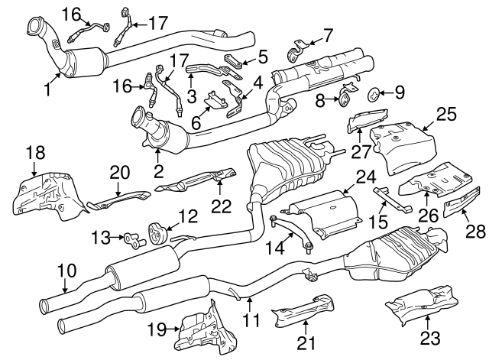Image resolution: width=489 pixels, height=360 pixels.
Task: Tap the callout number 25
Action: pos(445,115)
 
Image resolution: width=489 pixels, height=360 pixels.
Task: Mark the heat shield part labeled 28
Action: pos(459,206)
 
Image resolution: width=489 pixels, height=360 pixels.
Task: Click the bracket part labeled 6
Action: pos(215,102)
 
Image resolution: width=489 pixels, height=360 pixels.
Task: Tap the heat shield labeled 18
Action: pos(46,190)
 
